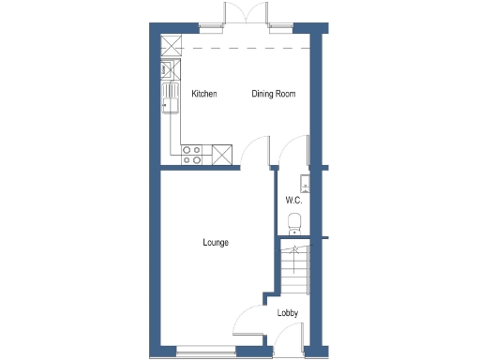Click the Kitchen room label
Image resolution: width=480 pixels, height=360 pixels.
(204, 95)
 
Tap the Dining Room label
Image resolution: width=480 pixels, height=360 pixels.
(274, 95)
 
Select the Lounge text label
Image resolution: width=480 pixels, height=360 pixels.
(216, 243)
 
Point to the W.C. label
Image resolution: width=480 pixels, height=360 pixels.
(292, 202)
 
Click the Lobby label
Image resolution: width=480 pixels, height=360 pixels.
(287, 313)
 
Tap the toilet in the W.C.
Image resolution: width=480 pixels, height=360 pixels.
(294, 221)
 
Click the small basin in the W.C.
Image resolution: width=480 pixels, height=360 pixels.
(304, 183)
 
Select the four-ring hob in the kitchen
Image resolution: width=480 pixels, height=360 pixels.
(191, 155)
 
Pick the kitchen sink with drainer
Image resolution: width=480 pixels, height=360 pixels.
(171, 97)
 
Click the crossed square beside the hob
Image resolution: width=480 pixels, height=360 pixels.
(222, 155)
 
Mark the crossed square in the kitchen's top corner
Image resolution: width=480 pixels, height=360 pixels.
(171, 45)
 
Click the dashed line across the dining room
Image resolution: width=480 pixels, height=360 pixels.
(246, 47)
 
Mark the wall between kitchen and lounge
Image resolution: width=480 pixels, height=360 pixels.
(197, 169)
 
